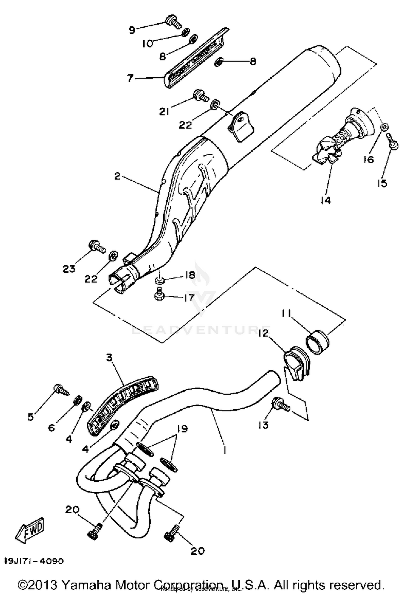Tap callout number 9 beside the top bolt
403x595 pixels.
pyautogui.click(x=132, y=30)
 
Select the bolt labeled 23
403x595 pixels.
pyautogui.click(x=97, y=246)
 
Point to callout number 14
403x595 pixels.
pyautogui.click(x=325, y=200)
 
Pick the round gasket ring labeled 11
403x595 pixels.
pyautogui.click(x=318, y=342)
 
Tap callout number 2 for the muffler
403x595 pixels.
pyautogui.click(x=117, y=176)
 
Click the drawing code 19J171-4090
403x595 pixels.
pyautogui.click(x=34, y=561)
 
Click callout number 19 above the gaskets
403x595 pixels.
pyautogui.click(x=183, y=429)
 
